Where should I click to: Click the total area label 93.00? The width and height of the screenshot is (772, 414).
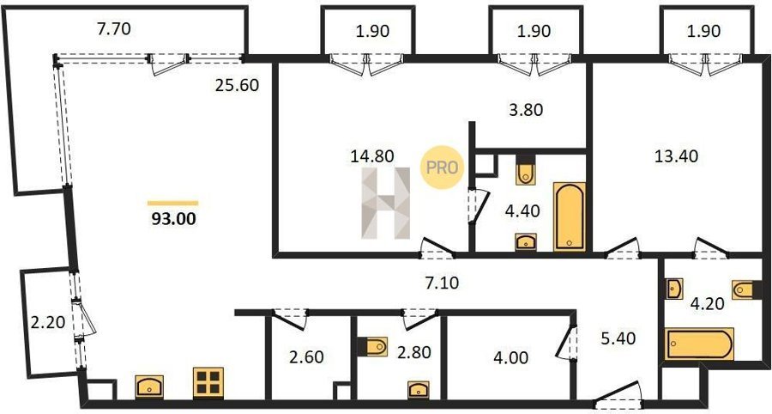[x=173, y=218]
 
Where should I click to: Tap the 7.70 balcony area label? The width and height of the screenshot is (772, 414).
[x=114, y=29]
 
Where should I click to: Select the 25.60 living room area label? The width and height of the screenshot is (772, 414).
[x=237, y=85]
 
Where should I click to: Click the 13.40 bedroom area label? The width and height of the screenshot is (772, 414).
[x=676, y=156]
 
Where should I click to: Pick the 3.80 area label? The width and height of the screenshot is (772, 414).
[x=526, y=109]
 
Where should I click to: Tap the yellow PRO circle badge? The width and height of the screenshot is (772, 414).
[x=442, y=167]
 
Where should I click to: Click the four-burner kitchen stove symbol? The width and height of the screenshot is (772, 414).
[x=208, y=382]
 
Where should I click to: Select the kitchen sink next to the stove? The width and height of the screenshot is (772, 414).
[x=149, y=387]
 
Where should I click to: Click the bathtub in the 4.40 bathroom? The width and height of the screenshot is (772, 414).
[x=570, y=216]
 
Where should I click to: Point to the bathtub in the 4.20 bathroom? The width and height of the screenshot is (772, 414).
[x=700, y=344]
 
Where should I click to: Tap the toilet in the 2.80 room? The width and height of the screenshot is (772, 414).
[x=374, y=346]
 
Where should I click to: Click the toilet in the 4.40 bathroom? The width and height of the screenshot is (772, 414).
[x=525, y=171]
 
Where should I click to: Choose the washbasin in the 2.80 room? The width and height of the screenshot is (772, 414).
[x=418, y=390]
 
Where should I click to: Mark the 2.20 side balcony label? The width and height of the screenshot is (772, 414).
[x=48, y=323]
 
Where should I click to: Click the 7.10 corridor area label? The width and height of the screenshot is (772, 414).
[x=442, y=283]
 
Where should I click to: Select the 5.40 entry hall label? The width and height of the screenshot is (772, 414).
[x=618, y=338]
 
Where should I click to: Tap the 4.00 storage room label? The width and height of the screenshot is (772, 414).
[x=512, y=357]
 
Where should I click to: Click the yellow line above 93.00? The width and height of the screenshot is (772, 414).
[x=172, y=203]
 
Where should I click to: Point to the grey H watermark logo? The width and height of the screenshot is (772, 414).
[x=386, y=203]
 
